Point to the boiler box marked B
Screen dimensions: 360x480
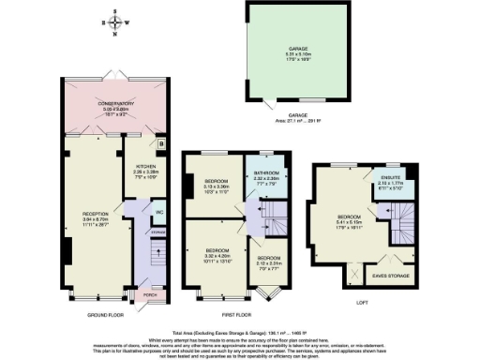click(x=160, y=144)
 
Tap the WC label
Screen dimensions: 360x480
click(x=159, y=211)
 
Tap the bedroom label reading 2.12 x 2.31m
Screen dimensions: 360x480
click(x=269, y=261)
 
